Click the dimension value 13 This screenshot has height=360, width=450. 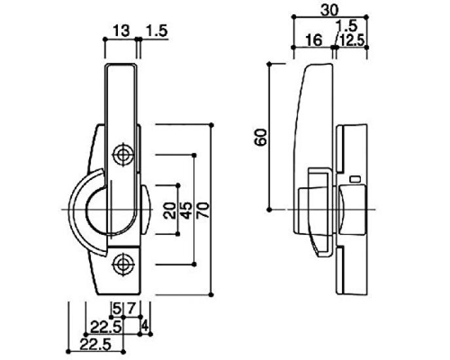(121, 30)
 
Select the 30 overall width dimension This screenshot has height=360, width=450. (329, 10)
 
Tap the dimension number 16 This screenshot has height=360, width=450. (314, 40)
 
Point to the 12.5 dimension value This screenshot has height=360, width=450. (352, 41)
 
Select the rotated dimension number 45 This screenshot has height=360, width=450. (186, 210)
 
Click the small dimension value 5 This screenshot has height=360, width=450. (117, 309)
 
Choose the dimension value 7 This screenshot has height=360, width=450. (130, 309)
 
